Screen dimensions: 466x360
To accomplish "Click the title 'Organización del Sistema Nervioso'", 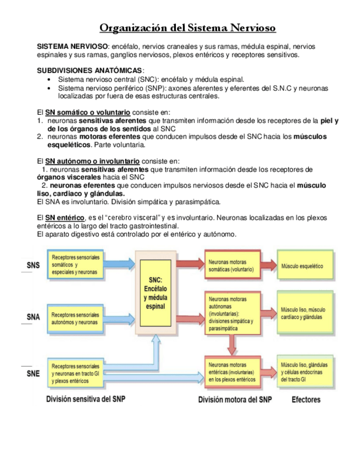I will [187, 27].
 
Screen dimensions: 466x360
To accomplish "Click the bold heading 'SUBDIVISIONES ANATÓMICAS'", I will [89, 71].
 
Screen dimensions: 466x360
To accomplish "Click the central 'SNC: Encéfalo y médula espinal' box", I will [156, 293].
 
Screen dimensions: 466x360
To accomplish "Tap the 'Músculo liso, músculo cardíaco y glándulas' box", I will [304, 313].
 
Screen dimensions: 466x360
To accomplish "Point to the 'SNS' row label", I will [33, 266].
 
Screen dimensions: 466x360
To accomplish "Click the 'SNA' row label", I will [33, 317].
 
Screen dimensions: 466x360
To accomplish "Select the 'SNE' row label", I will [33, 374].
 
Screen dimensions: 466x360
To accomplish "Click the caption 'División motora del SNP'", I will [235, 399].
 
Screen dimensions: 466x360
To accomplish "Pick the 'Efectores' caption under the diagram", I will [306, 399].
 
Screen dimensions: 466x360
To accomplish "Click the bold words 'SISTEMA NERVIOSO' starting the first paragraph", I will [71, 47].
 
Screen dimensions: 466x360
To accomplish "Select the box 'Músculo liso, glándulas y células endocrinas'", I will [304, 371].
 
